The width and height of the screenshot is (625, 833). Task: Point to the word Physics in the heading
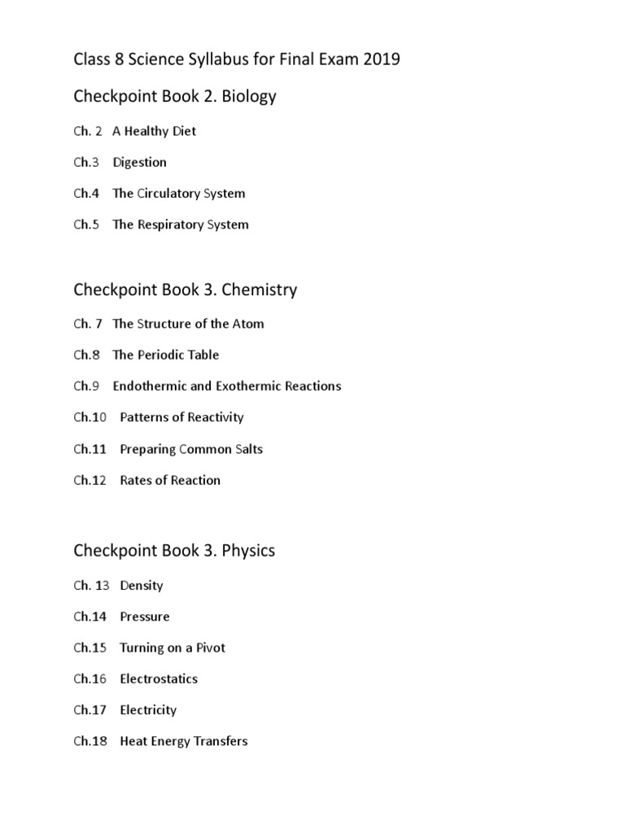pos(248,551)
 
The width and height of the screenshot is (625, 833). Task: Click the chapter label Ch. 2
pos(88,131)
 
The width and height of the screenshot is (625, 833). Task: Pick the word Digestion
pos(139,163)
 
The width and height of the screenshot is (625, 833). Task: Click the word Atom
pos(248,324)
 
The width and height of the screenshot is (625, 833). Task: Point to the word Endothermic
pos(150,386)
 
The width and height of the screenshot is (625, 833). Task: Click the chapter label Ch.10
pos(90,417)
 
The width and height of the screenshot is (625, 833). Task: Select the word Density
pos(141,586)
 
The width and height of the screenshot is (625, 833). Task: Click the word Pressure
pos(144,617)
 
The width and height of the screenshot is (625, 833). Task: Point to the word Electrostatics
pos(158,679)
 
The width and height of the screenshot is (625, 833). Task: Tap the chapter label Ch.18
pos(90,742)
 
